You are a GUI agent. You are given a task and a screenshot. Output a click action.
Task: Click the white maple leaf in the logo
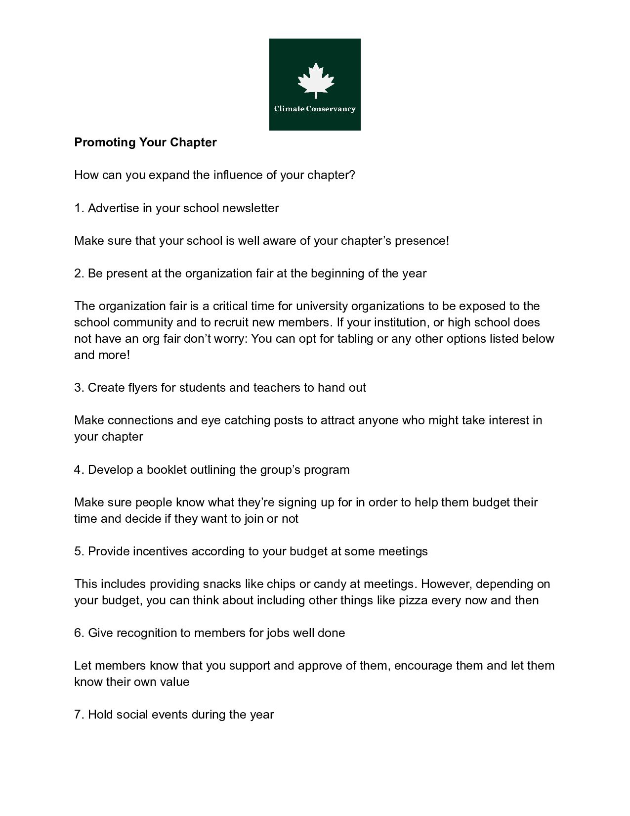[315, 80]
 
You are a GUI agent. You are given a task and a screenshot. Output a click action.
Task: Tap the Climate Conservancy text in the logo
[315, 109]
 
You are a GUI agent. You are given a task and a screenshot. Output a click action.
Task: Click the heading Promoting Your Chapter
[145, 142]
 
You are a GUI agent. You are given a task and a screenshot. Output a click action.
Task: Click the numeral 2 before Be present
[78, 273]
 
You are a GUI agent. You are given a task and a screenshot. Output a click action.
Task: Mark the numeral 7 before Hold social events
[78, 715]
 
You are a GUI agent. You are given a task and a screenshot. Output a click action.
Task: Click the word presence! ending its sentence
[422, 241]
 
